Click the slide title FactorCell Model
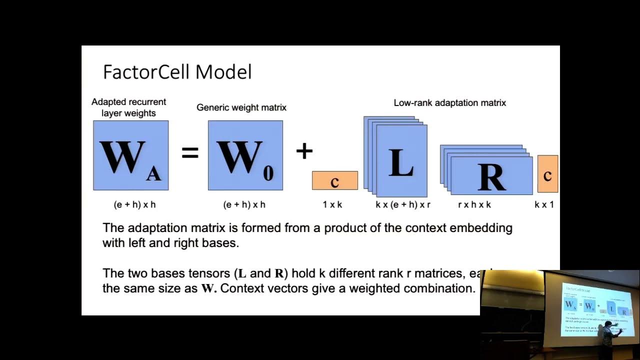[177, 72]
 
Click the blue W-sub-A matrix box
[130, 155]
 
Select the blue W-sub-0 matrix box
[245, 155]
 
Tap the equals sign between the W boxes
[190, 152]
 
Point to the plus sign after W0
[304, 150]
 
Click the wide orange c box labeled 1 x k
[334, 180]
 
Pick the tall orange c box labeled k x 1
[547, 174]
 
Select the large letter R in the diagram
[491, 176]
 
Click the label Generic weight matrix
[241, 107]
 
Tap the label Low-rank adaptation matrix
[449, 103]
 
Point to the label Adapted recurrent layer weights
[129, 107]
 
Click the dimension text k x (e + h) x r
[403, 204]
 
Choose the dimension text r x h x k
[474, 204]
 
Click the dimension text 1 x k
[332, 204]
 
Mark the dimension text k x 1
[544, 204]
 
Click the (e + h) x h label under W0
[244, 204]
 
